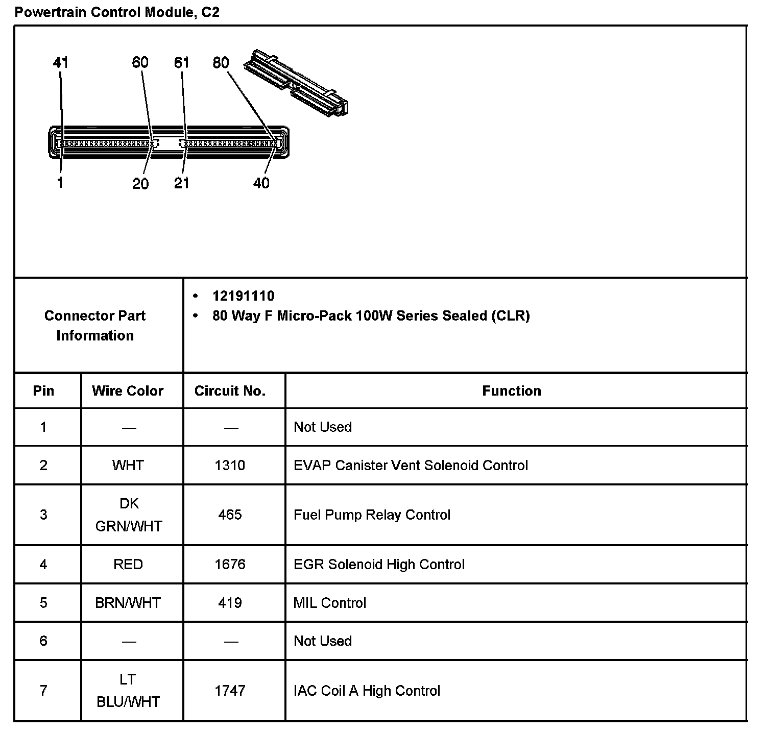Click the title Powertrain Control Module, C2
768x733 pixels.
pos(117,12)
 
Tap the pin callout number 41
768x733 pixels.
pos(60,63)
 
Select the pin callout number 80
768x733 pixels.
pos(221,63)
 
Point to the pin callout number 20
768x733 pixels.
pos(140,183)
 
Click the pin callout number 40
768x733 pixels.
pos(261,183)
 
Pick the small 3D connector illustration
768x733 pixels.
pos(296,81)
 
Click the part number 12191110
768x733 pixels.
pos(243,296)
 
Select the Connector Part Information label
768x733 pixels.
pos(95,326)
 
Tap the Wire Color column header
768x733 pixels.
pos(128,391)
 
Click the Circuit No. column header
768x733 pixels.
pos(230,391)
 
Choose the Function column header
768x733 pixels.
pos(511,391)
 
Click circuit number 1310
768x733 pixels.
pos(230,466)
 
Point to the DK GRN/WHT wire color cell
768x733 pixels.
pos(129,515)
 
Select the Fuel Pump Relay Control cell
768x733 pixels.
pos(372,515)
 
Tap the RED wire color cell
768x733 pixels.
pos(128,565)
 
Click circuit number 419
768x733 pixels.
pos(230,603)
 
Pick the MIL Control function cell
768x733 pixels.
pos(330,603)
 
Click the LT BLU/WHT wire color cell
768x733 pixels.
pos(128,691)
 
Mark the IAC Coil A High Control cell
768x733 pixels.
pos(367,691)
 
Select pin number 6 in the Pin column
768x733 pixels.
pos(43,641)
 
